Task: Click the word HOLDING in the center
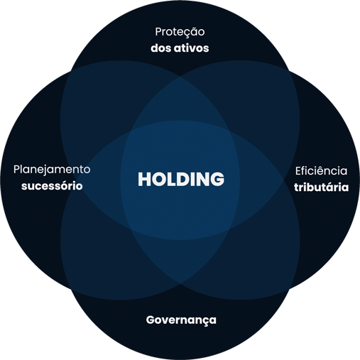tap(181, 179)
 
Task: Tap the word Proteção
tap(180, 32)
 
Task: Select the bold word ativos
tap(192, 48)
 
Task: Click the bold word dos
tap(161, 48)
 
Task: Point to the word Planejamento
tap(52, 170)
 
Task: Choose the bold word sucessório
tap(52, 186)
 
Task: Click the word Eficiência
tap(321, 171)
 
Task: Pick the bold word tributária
tap(322, 187)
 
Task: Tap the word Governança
tap(181, 320)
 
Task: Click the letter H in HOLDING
tap(144, 179)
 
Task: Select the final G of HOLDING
tap(217, 179)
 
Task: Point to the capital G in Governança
tap(151, 320)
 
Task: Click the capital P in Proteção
tap(158, 32)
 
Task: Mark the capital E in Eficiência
tap(298, 171)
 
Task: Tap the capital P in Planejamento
tap(17, 170)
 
